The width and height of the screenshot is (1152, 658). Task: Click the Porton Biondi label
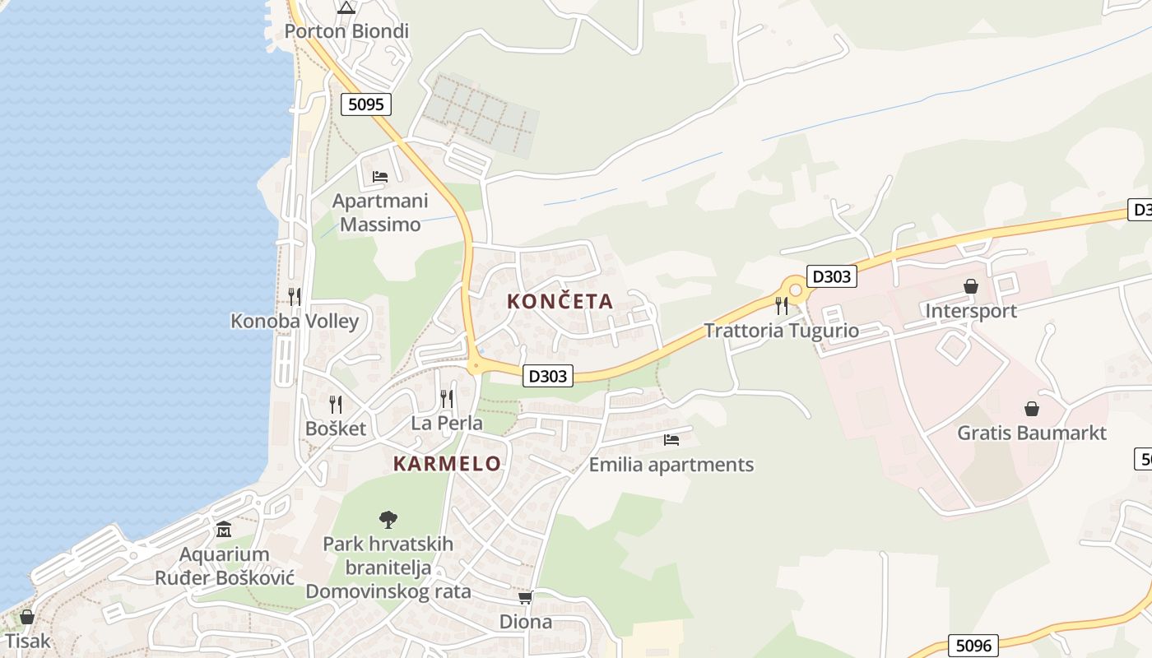346,31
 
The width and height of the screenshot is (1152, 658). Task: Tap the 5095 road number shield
366,104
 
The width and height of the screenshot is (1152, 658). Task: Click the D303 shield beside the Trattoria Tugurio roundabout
831,276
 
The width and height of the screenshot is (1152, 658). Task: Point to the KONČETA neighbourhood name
560,302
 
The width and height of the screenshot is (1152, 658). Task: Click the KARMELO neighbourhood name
447,464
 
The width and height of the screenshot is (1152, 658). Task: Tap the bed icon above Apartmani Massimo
379,176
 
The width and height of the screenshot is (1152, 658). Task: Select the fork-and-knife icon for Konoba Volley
294,296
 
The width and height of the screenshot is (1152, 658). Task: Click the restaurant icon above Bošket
335,404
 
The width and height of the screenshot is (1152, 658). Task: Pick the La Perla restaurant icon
446,399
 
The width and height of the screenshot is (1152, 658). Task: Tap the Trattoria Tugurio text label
781,331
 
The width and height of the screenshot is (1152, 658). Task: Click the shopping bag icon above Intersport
971,286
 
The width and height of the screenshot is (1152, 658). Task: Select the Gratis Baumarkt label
1031,433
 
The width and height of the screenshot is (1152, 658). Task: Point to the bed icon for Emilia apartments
671,439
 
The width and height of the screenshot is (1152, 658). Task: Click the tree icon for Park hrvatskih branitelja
388,519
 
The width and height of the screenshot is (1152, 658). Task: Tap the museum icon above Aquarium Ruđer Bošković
224,529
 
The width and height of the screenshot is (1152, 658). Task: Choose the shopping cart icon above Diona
525,597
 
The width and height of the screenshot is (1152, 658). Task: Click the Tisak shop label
27,641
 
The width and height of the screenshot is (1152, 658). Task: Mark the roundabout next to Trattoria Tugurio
795,290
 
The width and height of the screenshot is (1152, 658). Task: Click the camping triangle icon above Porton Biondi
346,8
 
